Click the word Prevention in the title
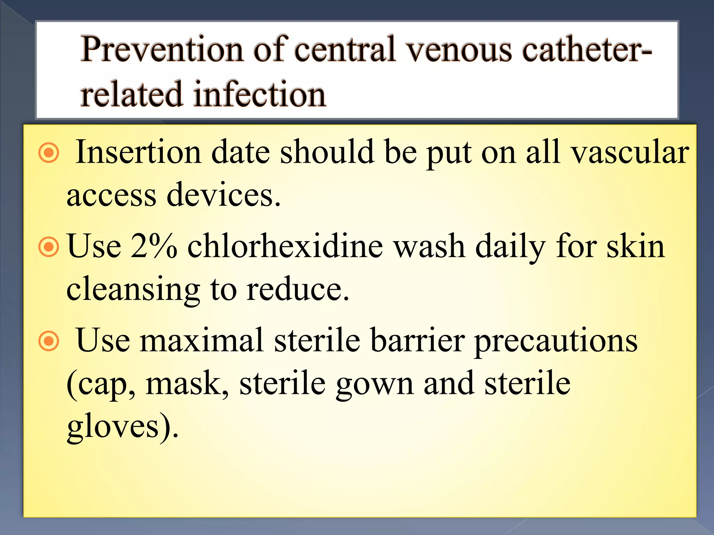162,49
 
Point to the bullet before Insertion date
48,152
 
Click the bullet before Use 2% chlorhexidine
48,247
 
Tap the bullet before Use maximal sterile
48,341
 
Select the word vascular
630,152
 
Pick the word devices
223,195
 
